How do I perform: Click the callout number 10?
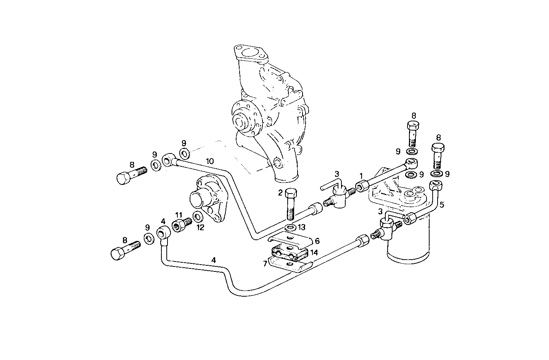(x=210, y=161)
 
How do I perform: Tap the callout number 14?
(x=314, y=252)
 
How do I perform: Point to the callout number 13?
(x=301, y=228)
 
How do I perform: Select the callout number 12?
(x=200, y=228)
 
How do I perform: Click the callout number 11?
(x=179, y=215)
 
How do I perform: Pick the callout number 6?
(x=317, y=241)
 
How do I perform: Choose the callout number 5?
(x=442, y=204)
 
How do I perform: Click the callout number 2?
(x=280, y=193)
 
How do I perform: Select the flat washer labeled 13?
(x=291, y=228)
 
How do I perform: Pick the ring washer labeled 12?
(x=198, y=217)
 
